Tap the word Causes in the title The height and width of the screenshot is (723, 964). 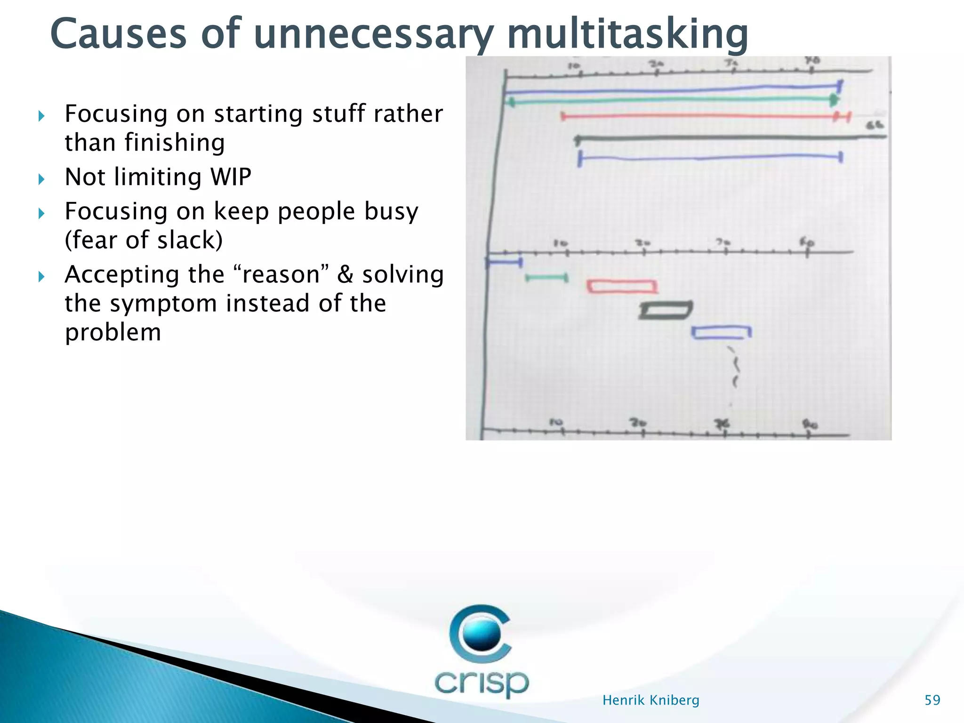(x=118, y=34)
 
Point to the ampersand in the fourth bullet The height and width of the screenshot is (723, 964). (x=345, y=275)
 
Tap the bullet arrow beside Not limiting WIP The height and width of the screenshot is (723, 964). (x=41, y=179)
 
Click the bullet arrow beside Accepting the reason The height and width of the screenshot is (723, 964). (x=41, y=276)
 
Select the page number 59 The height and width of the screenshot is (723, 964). (x=932, y=700)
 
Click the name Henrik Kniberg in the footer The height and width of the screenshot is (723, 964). (x=651, y=700)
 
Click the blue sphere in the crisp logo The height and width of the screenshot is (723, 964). (x=481, y=634)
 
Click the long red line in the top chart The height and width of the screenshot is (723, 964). (x=697, y=116)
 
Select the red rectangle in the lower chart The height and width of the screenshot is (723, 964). (x=621, y=286)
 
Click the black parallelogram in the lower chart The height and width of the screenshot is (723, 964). (x=666, y=310)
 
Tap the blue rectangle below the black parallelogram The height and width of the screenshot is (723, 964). (x=721, y=332)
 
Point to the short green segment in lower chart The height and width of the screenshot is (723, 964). (x=546, y=278)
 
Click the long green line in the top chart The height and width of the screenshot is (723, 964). (x=668, y=100)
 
